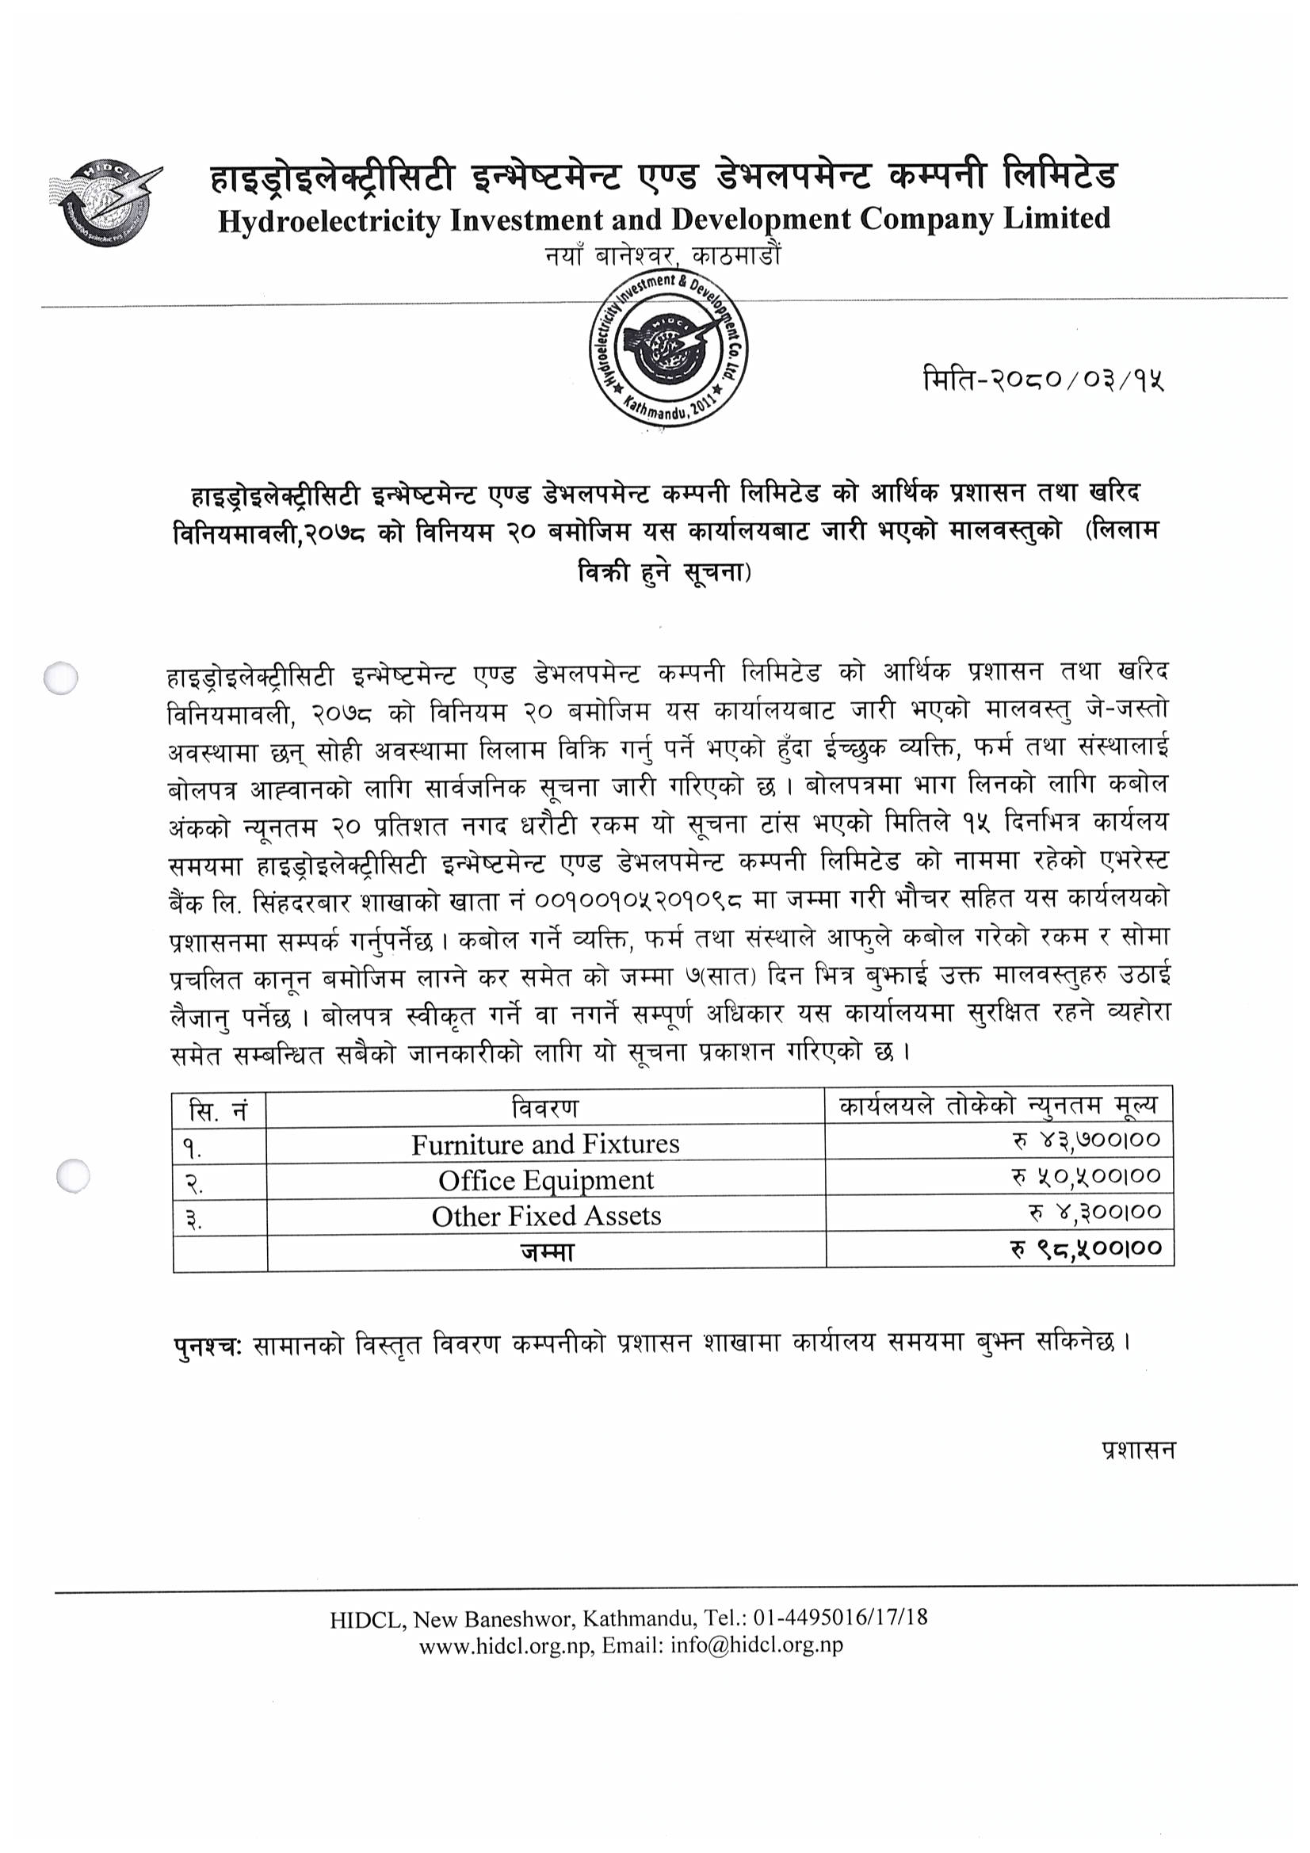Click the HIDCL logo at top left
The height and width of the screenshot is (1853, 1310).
coord(105,203)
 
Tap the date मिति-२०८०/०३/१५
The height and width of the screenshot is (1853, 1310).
coord(1044,379)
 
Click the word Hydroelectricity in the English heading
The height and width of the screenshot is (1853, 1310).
coord(329,221)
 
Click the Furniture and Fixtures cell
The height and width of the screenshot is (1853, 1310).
coord(544,1144)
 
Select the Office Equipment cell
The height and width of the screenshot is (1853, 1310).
coord(544,1180)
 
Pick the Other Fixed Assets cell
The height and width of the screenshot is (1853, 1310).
coord(545,1216)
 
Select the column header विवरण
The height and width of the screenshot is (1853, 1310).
coord(544,1109)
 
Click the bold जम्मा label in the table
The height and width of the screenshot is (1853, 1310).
coord(547,1251)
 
